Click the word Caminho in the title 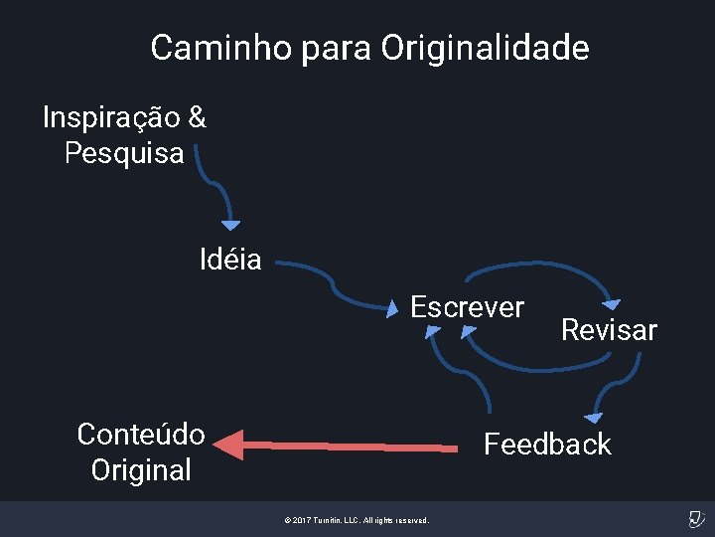[x=211, y=48]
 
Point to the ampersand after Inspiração [x=197, y=117]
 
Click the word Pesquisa [x=124, y=153]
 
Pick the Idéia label [x=230, y=261]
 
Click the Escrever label [x=468, y=307]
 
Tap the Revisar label [x=609, y=330]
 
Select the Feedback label [x=547, y=444]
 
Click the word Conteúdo [x=141, y=435]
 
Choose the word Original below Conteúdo [x=141, y=469]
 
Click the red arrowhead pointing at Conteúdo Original [x=228, y=444]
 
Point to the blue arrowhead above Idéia [x=230, y=226]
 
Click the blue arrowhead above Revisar [x=612, y=304]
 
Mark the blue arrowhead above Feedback [x=593, y=418]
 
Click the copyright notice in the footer [x=357, y=520]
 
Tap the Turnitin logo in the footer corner [x=695, y=519]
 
